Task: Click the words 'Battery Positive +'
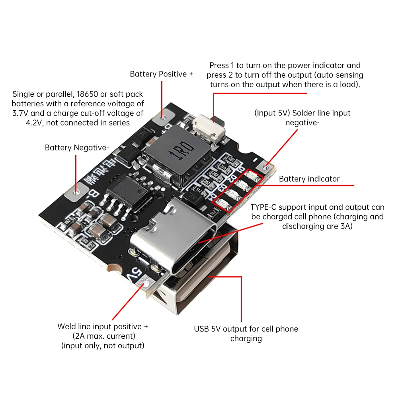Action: [161, 74]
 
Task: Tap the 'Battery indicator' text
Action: [309, 179]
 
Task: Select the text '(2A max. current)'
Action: [102, 336]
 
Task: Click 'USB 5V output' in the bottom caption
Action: [218, 329]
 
